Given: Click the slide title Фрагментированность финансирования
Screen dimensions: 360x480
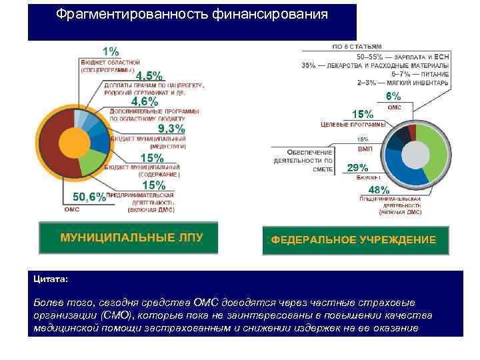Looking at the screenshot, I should (x=191, y=15).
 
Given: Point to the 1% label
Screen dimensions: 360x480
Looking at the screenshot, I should (x=111, y=51).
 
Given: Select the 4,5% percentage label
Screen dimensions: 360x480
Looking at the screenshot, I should (x=149, y=76).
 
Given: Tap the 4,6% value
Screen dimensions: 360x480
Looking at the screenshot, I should (x=145, y=102).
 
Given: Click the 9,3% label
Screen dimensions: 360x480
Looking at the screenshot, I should (x=171, y=129).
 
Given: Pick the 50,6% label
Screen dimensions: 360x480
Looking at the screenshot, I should (x=89, y=197).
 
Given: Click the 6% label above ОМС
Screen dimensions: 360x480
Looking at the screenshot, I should (x=395, y=97).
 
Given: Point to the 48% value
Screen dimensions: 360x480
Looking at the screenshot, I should (x=379, y=190).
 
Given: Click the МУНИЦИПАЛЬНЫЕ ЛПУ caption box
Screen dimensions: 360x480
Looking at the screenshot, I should (x=131, y=237).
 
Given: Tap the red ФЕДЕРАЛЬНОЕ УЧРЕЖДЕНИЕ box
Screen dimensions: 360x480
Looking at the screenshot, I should (x=353, y=239).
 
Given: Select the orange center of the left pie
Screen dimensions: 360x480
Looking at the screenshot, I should (x=72, y=141).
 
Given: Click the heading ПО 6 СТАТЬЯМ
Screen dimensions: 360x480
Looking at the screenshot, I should (x=357, y=47).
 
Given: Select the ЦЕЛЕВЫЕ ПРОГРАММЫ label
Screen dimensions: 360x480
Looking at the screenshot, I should (x=353, y=125).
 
